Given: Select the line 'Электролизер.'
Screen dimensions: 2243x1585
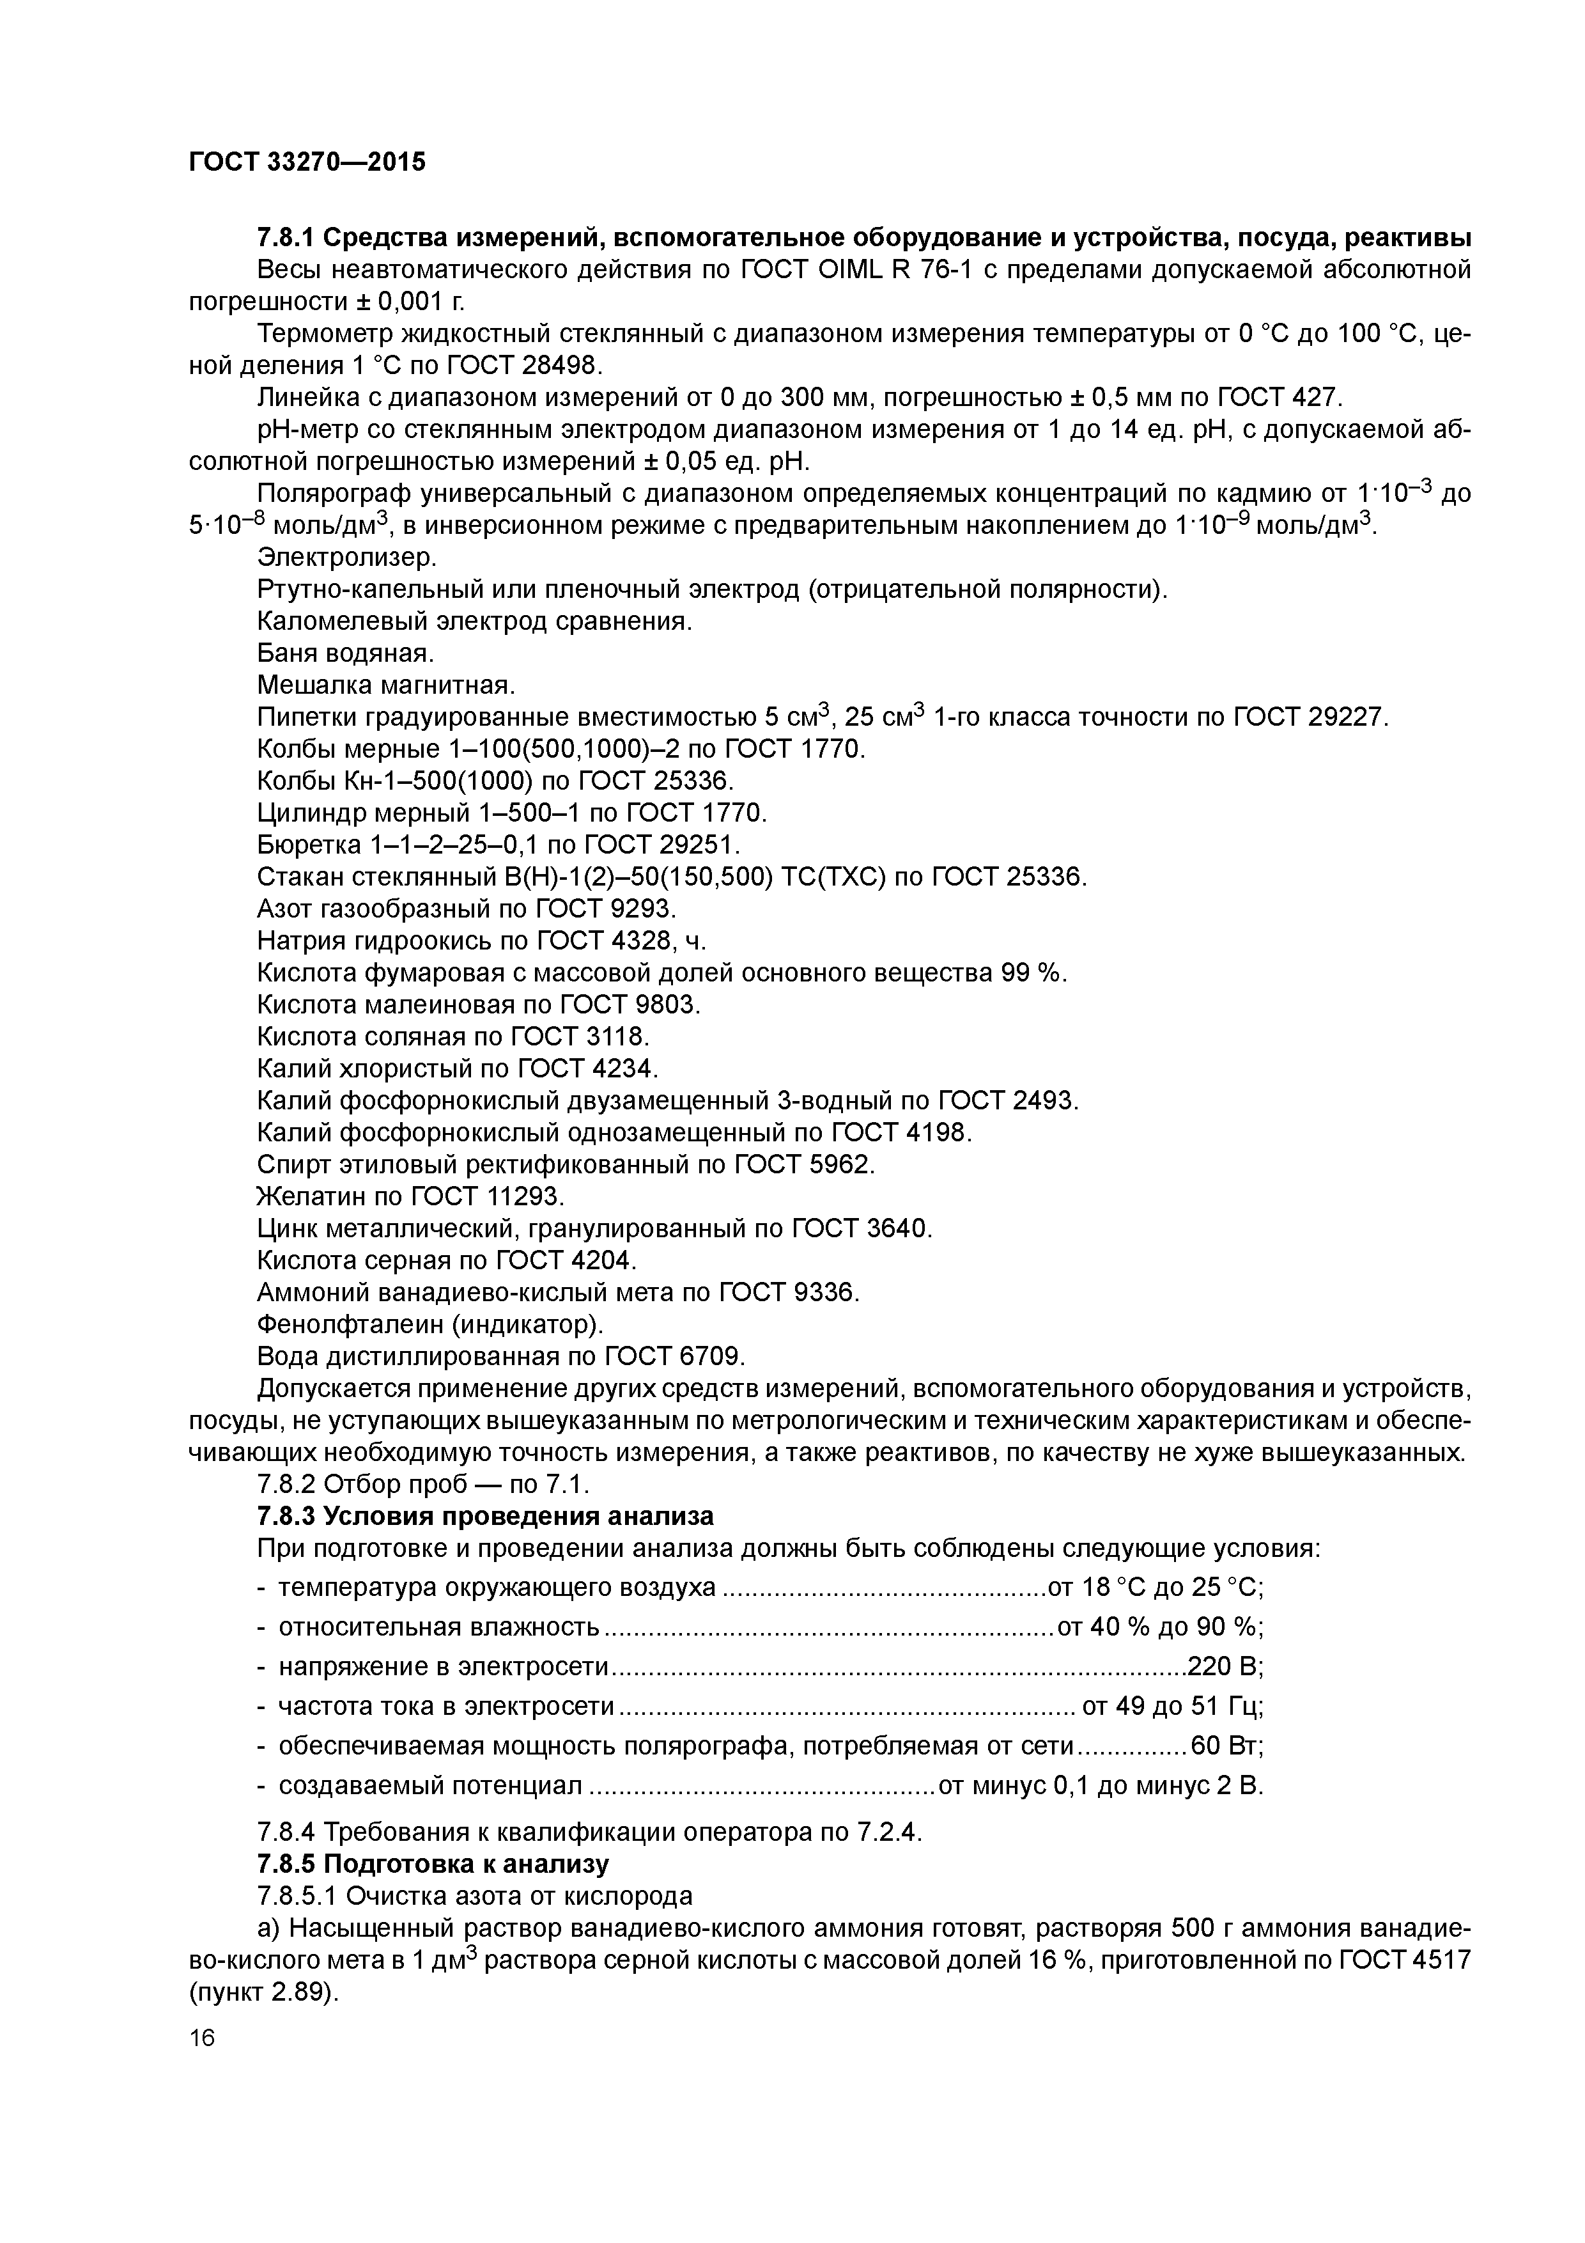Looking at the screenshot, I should coord(346,558).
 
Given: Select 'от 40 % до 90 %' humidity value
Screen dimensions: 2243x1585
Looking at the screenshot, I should coord(1160,1627).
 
